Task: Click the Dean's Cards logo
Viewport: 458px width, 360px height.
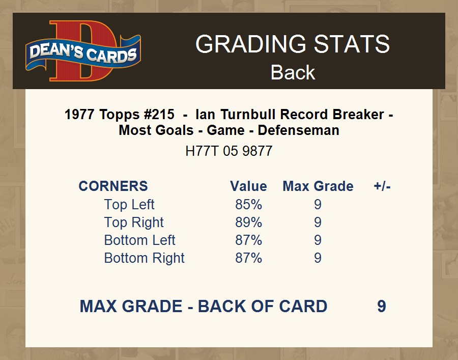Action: point(83,51)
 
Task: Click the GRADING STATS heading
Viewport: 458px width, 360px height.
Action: point(293,44)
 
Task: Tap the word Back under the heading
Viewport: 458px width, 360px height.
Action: point(293,72)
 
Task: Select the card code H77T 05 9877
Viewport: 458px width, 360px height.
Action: point(228,151)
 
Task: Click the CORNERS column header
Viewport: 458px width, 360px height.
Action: point(113,186)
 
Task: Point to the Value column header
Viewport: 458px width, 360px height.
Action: point(248,186)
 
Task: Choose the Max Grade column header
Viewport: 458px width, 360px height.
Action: point(318,186)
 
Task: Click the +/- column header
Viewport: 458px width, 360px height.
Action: point(382,186)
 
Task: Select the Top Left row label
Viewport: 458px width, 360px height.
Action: point(129,204)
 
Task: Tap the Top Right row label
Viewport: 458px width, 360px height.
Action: point(134,223)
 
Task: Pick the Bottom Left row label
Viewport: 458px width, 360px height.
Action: point(139,240)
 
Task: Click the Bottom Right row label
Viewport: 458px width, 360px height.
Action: point(145,258)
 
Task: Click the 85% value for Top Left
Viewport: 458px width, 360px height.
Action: point(248,205)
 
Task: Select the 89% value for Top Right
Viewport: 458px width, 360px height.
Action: point(248,223)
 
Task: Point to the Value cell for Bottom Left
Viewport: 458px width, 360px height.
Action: point(248,240)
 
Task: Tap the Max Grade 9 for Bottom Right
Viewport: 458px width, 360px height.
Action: point(318,258)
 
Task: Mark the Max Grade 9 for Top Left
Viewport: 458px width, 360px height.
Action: point(318,205)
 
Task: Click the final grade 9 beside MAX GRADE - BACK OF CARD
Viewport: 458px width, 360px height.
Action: point(382,306)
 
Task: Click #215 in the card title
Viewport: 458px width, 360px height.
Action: point(159,114)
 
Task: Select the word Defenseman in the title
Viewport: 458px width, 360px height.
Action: point(299,130)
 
